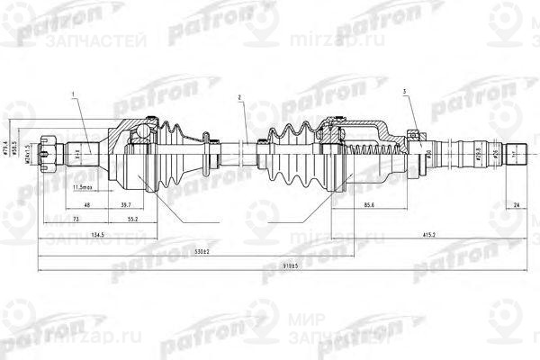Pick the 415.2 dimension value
click(x=430, y=236)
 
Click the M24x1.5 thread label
click(x=30, y=148)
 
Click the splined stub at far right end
click(x=517, y=152)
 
